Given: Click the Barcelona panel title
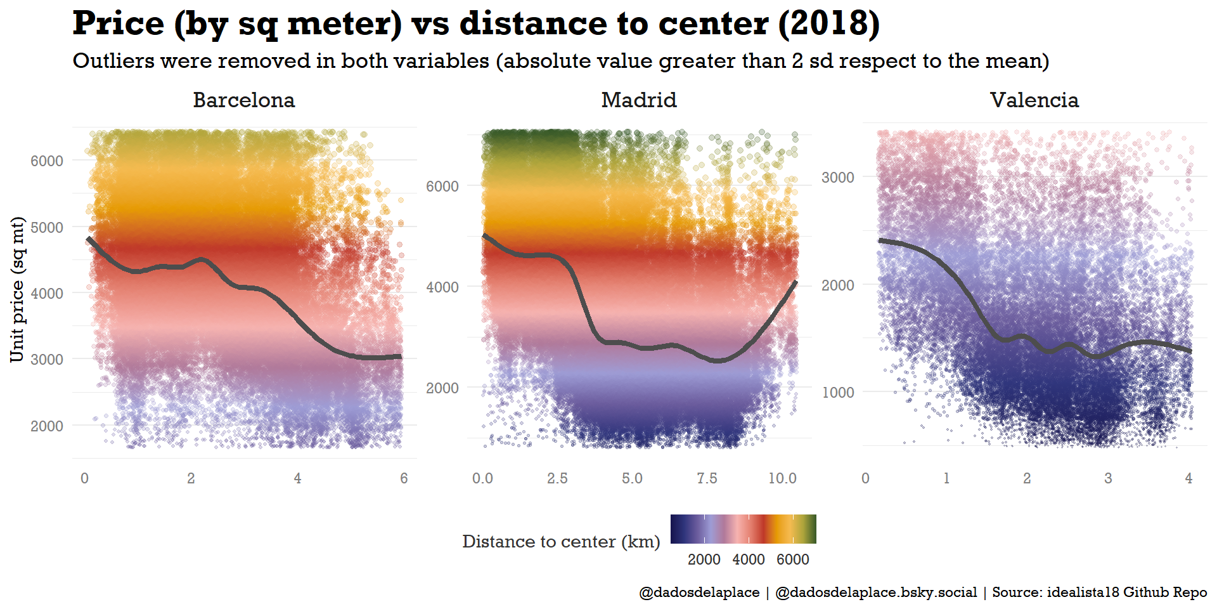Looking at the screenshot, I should [244, 100].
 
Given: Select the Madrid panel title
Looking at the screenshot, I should [639, 100].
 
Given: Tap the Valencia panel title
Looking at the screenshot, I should [1034, 100].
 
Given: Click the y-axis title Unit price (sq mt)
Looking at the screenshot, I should [18, 290].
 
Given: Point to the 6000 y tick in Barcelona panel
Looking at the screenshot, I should [47, 161].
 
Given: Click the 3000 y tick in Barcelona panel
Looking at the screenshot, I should [47, 360].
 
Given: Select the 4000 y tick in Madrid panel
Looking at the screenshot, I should [442, 287].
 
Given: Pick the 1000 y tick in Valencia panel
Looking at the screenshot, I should [838, 393].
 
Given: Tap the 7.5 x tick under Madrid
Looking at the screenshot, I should [707, 478].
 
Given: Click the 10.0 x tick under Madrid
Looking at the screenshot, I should [782, 478].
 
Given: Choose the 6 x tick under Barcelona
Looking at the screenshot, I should [404, 478].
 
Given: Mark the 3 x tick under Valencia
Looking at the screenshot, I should [1108, 478].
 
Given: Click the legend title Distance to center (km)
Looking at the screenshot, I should [561, 542].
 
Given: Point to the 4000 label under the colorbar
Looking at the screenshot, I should [749, 560].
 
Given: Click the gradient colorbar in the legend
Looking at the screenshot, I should [743, 529].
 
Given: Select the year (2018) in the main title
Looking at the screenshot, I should [829, 24].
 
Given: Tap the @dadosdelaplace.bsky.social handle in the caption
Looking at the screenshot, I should [876, 593].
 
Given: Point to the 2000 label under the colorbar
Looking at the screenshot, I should [704, 560].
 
